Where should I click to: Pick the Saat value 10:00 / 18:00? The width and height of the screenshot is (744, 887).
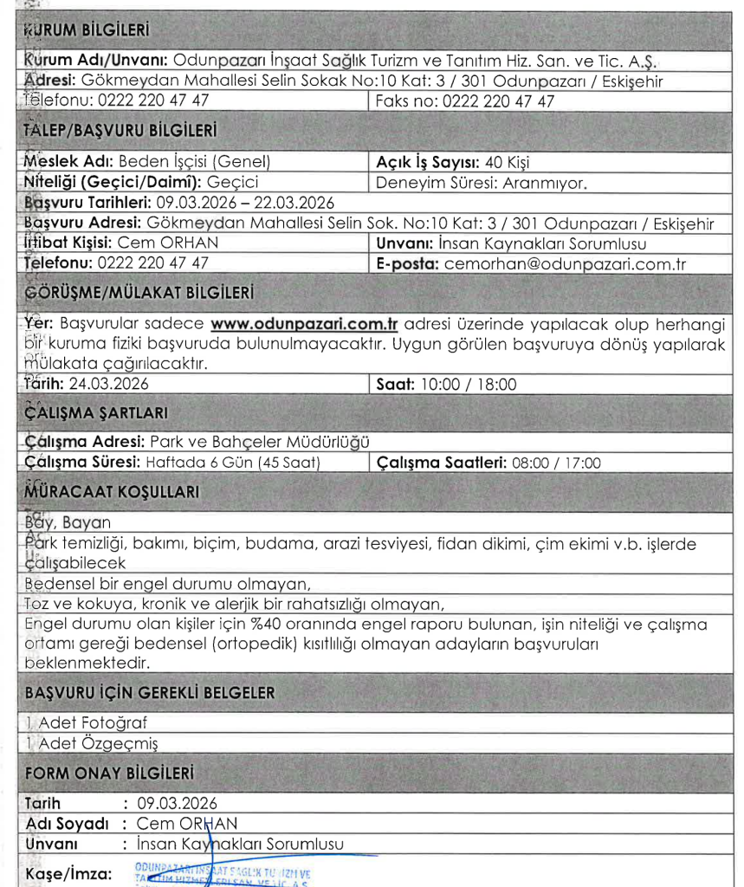pyautogui.click(x=468, y=384)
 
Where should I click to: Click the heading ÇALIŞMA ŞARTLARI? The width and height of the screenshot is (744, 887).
pyautogui.click(x=97, y=412)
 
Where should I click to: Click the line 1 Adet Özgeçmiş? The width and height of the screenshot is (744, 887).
pyautogui.click(x=91, y=743)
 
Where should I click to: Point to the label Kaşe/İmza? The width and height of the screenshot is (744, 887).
pyautogui.click(x=69, y=873)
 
